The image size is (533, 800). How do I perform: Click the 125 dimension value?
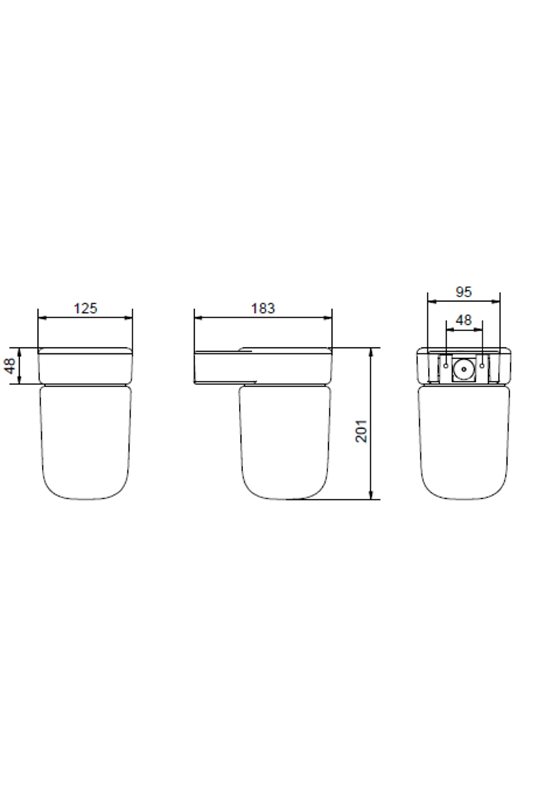85,308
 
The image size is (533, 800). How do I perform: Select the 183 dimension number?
263,308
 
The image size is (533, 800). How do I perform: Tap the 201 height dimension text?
361,431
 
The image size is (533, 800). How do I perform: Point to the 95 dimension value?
464,292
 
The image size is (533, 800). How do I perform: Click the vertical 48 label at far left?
10,366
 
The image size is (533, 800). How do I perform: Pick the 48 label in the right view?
464,320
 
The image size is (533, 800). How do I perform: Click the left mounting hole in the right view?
446,366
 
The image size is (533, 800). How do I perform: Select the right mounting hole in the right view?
481,366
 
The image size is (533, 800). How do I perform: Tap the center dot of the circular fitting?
464,366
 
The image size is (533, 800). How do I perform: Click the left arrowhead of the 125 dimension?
42,318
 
